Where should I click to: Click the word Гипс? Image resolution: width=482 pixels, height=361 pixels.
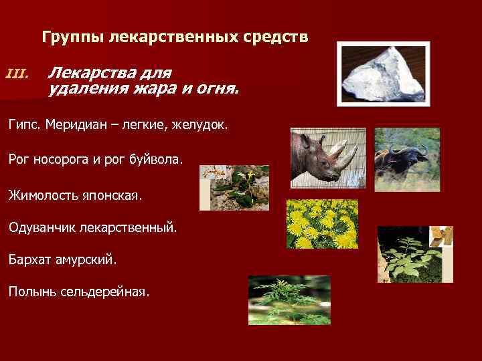click(25, 124)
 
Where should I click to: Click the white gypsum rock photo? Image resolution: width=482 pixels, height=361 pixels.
click(383, 73)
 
